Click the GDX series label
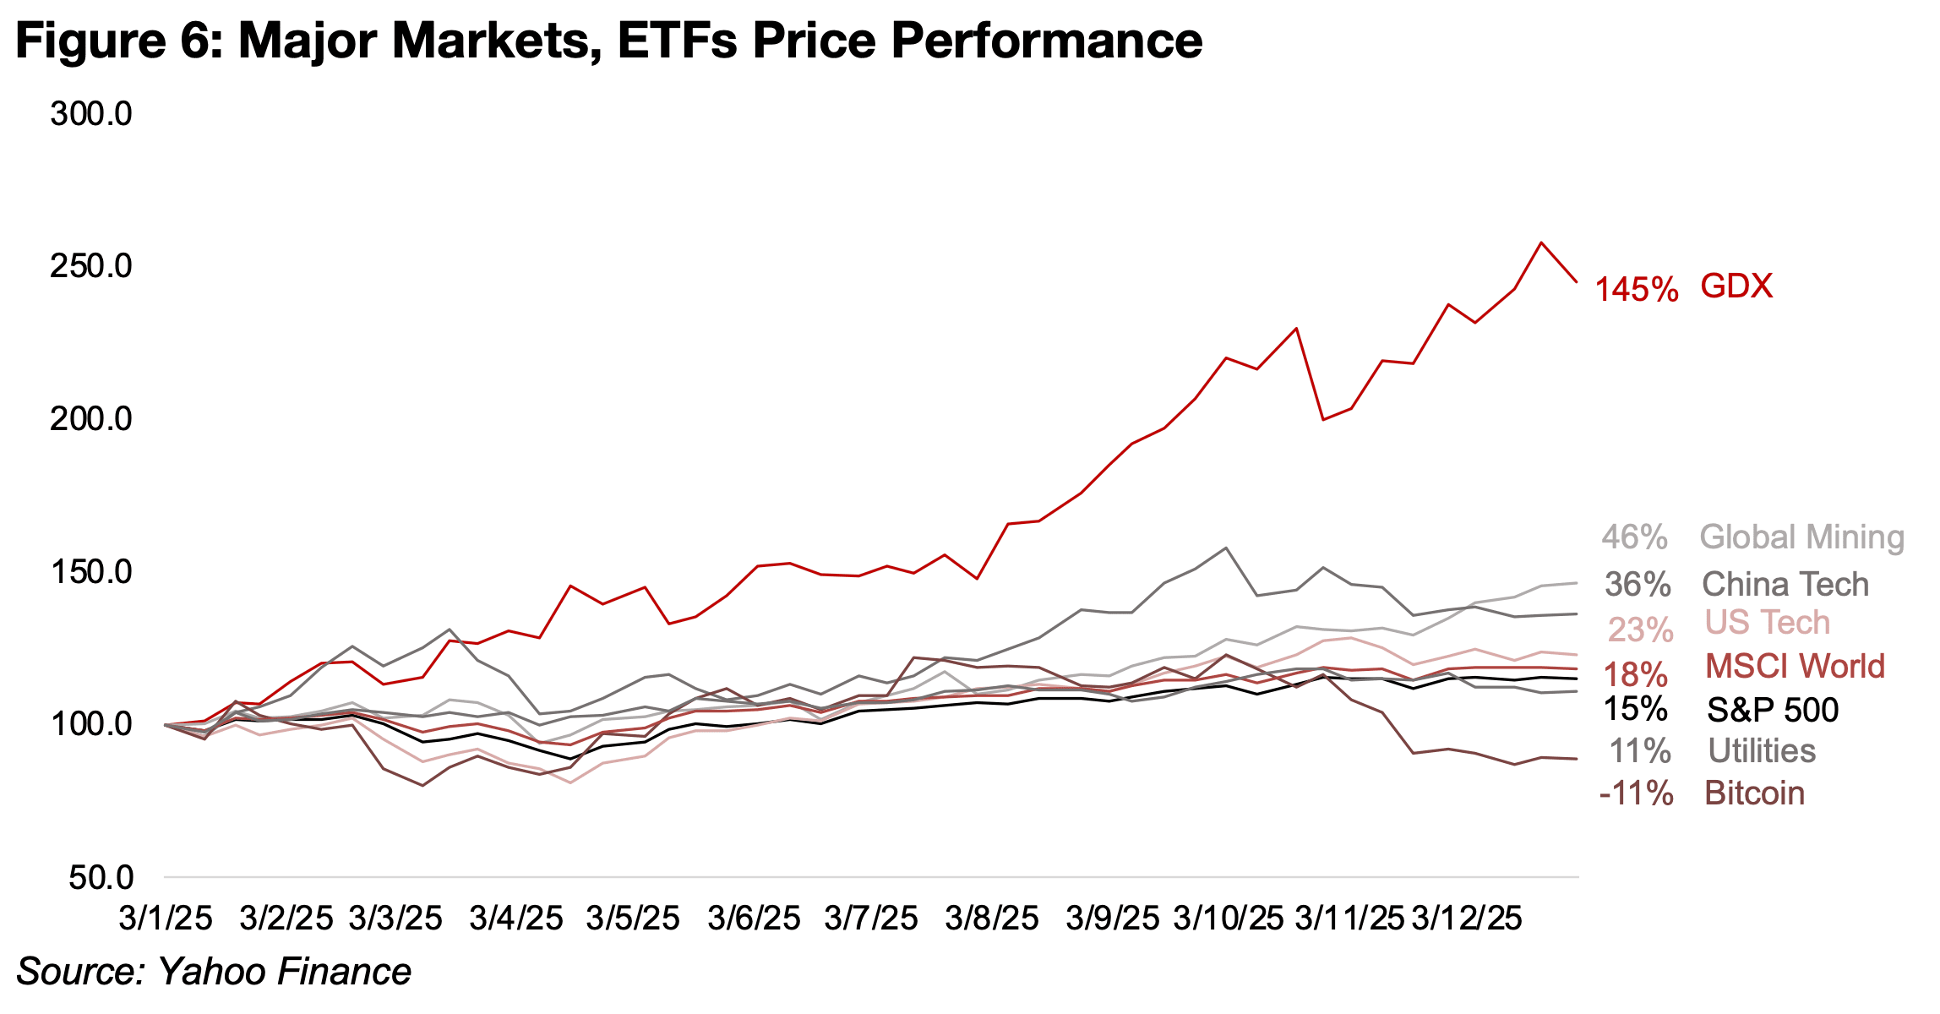1736,287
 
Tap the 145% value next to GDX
1636,290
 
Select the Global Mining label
1801,537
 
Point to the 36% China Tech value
1638,585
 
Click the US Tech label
1767,623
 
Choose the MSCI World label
1795,667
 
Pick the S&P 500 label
1772,710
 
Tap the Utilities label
1761,751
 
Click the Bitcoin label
1754,793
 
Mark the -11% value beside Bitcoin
1636,794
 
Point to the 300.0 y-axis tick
91,114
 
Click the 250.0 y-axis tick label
91,266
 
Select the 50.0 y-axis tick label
101,877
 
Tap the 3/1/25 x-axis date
166,919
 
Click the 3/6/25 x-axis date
754,919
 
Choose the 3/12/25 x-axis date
1467,919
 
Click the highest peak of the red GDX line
1542,243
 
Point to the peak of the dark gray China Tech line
1226,548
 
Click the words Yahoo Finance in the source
284,972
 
